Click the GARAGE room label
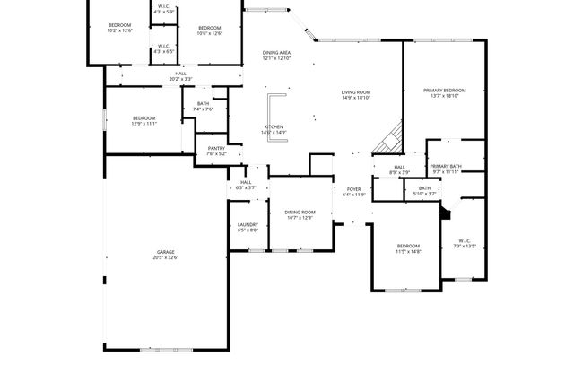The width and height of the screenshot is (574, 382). [165, 252]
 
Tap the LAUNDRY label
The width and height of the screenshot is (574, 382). [248, 224]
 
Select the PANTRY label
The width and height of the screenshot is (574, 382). [216, 149]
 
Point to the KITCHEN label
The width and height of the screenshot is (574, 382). [273, 126]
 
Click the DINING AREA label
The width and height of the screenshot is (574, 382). [276, 53]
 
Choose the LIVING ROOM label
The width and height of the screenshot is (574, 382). [357, 91]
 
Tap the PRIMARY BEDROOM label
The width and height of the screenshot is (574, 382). [445, 90]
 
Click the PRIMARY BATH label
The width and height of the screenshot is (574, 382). [445, 166]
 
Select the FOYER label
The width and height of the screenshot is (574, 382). [353, 188]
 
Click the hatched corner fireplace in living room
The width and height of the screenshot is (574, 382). [389, 140]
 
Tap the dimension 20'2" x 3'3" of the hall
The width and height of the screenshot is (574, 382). [180, 79]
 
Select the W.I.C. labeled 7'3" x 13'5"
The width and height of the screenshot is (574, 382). [464, 242]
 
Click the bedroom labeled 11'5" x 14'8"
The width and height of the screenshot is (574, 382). [408, 248]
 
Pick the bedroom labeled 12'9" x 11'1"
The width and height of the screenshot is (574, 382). [143, 121]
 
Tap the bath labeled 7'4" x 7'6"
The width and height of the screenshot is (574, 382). [203, 106]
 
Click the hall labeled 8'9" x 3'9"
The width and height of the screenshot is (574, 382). [399, 169]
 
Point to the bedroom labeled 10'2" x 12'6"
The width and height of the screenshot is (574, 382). [119, 27]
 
